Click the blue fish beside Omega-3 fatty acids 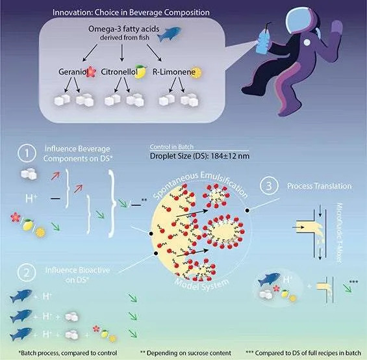point(169,34)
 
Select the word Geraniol point(73,71)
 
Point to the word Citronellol point(119,71)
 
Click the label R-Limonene point(174,71)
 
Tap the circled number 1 point(27,153)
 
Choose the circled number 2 point(27,273)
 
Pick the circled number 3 point(269,186)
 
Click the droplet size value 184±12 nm point(230,156)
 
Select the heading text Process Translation point(319,186)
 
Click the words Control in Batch point(171,147)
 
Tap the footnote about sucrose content point(186,353)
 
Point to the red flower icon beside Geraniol point(92,71)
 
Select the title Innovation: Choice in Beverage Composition point(131,12)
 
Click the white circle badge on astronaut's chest point(307,42)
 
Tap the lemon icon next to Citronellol point(140,71)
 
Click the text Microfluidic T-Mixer point(339,233)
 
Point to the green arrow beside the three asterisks point(347,288)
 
